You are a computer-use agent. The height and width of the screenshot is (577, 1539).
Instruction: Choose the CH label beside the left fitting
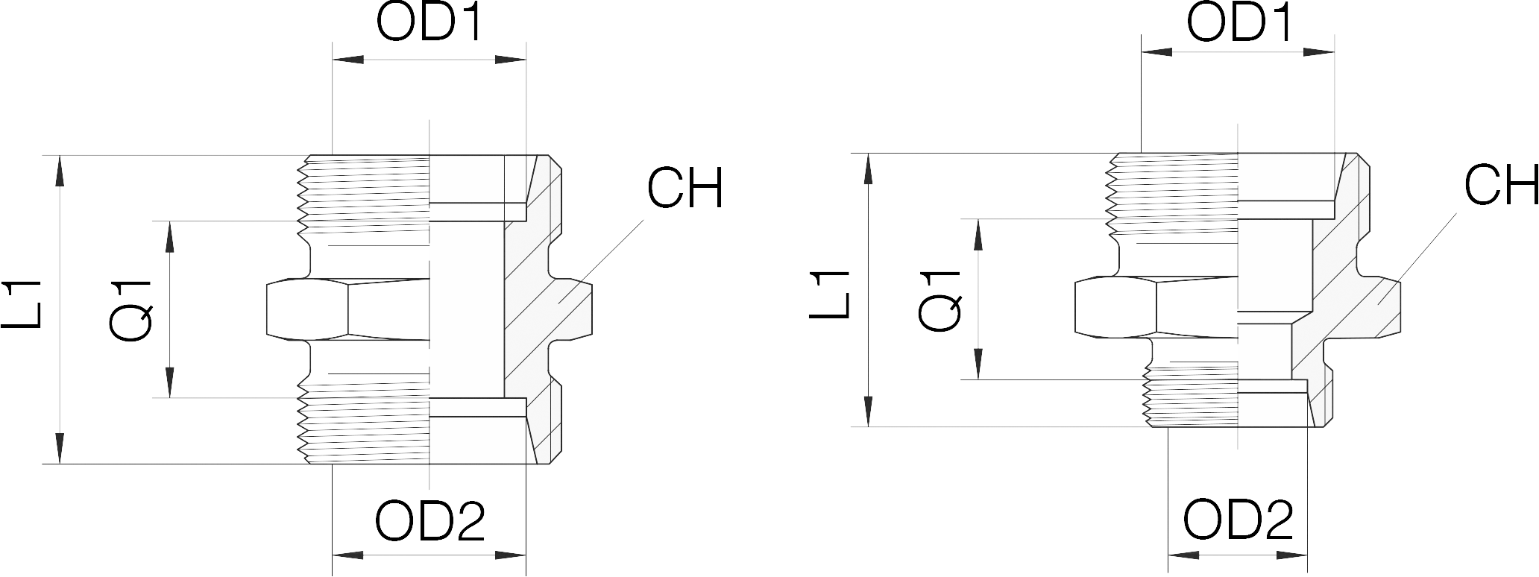[684, 188]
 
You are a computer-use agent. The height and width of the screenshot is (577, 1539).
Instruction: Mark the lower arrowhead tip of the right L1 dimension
[869, 426]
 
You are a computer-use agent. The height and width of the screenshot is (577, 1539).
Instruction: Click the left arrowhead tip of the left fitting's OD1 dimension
[333, 60]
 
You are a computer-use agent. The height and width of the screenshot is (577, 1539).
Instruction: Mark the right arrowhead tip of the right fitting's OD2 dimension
[1306, 555]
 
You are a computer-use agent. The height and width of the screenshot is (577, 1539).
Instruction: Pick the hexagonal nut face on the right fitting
[1156, 306]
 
